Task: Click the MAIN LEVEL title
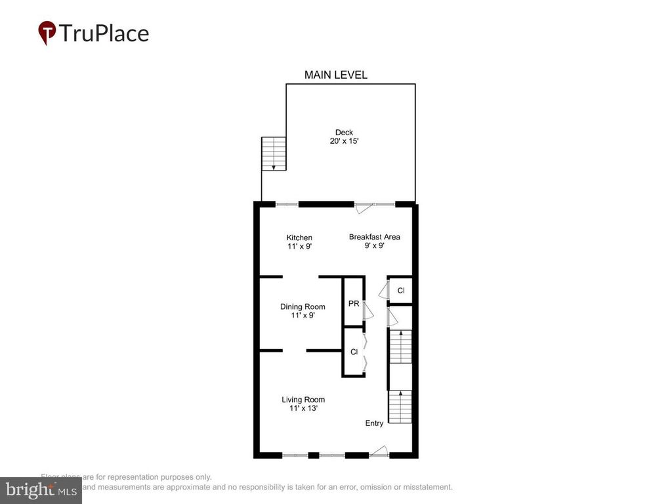pos(335,75)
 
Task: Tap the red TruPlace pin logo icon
pos(47,32)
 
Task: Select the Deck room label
pos(344,133)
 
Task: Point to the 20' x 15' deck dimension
pos(344,141)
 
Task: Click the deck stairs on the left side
pos(274,154)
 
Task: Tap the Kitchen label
pos(299,238)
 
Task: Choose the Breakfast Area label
pos(374,237)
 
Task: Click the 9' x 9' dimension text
pos(374,246)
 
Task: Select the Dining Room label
pos(303,306)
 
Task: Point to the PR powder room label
pos(353,303)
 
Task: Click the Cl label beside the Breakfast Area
pos(401,290)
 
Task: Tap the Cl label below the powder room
pos(354,352)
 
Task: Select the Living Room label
pos(303,400)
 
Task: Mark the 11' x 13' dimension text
pos(303,408)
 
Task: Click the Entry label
pos(374,423)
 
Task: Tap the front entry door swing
pos(379,451)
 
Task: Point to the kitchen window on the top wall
pos(287,204)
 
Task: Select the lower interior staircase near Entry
pos(400,407)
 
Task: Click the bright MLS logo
pos(41,490)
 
